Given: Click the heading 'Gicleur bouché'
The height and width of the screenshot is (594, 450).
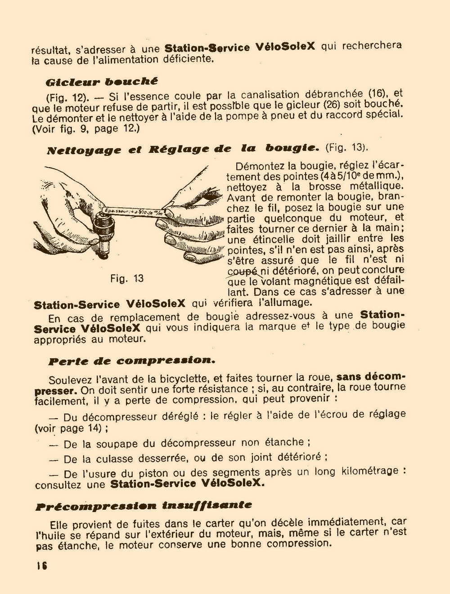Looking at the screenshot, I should (102, 82).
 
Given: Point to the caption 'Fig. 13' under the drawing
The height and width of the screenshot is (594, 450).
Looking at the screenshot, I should (126, 279).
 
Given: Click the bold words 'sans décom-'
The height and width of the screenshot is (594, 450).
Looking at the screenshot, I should (371, 376).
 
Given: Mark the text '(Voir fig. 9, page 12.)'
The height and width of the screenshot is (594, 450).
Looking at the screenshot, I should (86, 129).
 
